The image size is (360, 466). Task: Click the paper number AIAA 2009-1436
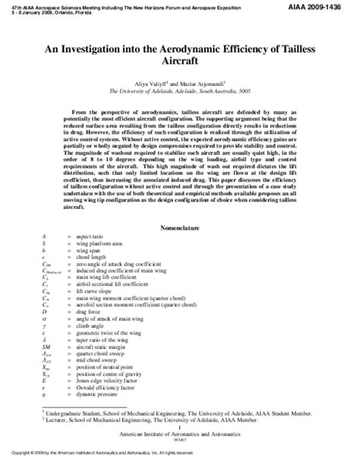click(x=325, y=6)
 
